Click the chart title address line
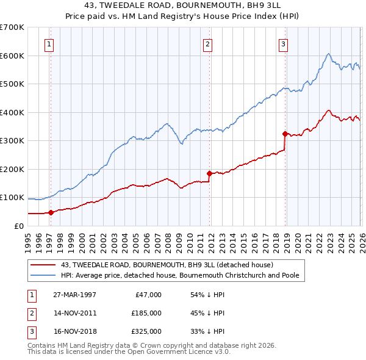(x=182, y=6)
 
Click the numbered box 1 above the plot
(x=49, y=43)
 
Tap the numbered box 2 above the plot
(x=208, y=43)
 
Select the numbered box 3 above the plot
(x=284, y=43)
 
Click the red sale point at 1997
(x=51, y=212)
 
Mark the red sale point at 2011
(x=209, y=173)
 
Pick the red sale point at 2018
(x=285, y=134)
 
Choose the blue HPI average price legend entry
(x=179, y=275)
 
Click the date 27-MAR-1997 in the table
(x=74, y=295)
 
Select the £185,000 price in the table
(x=146, y=313)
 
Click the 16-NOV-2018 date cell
(x=74, y=331)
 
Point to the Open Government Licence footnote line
(x=129, y=352)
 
